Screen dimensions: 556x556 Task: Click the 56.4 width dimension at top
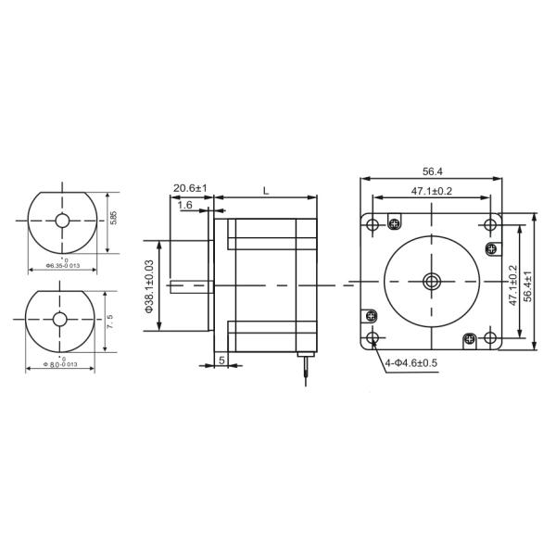pyautogui.click(x=431, y=171)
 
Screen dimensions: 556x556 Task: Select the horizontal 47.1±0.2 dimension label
pyautogui.click(x=431, y=191)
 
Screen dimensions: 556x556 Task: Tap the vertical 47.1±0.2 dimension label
pyautogui.click(x=512, y=285)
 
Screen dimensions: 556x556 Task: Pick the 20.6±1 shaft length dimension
pyautogui.click(x=190, y=188)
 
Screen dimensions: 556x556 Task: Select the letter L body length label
pyautogui.click(x=265, y=190)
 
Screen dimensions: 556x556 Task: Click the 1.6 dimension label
pyautogui.click(x=184, y=204)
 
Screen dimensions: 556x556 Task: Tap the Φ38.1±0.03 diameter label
pyautogui.click(x=149, y=284)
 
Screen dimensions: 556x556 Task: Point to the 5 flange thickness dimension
pyautogui.click(x=221, y=359)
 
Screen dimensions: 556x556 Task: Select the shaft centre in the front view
pyautogui.click(x=432, y=282)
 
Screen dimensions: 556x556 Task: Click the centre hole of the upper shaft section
pyautogui.click(x=61, y=222)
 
